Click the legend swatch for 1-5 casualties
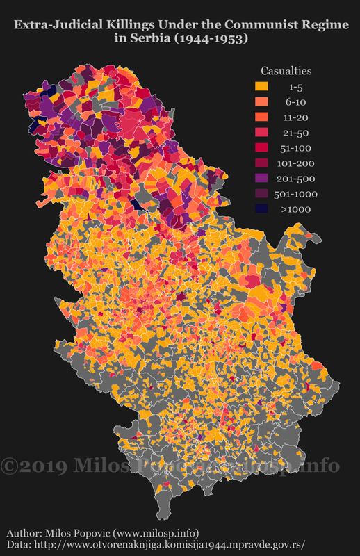(x=261, y=87)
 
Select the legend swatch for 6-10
(x=261, y=102)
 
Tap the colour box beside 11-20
(x=261, y=117)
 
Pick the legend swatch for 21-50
(x=261, y=133)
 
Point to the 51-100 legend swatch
(x=261, y=148)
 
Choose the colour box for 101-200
(x=261, y=163)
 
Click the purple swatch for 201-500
(x=261, y=179)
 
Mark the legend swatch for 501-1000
(x=261, y=194)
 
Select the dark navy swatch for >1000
(x=261, y=209)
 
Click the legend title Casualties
(x=286, y=71)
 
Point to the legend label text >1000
(x=295, y=209)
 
